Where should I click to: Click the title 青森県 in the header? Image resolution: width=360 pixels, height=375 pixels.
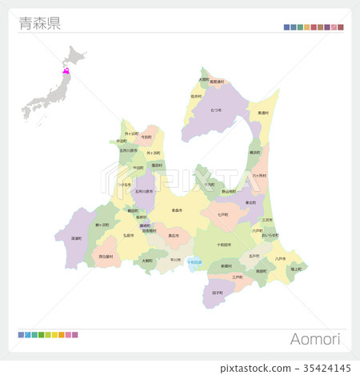pos(39,23)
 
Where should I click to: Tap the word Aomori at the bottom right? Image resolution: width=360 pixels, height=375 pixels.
pos(316,339)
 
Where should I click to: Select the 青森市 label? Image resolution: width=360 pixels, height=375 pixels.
pos(177,209)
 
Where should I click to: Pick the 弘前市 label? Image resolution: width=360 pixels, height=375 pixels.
pos(129,236)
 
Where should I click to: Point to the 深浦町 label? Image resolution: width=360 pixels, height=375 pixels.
pos(76,237)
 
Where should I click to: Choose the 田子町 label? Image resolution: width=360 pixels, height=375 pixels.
pos(218,293)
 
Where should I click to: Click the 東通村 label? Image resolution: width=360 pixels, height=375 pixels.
pos(263,114)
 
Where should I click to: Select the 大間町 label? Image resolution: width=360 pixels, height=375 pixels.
pos(203,79)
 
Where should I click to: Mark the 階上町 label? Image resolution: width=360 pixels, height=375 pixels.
pos(295,269)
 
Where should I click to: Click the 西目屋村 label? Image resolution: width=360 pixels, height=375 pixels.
pos(105,256)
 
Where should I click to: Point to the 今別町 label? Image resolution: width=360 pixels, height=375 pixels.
pos(146,137)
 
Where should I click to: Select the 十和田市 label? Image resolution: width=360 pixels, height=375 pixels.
pos(225,245)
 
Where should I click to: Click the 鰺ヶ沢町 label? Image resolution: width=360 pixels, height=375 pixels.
pos(102,225)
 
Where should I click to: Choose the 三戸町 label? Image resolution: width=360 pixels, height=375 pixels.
pos(237,277)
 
